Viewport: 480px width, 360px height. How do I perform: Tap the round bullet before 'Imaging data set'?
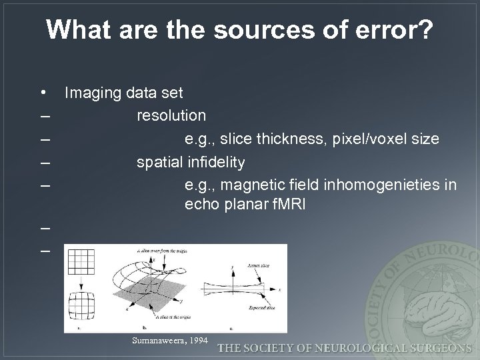pos(43,92)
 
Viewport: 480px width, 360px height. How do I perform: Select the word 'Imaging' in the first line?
pos(91,93)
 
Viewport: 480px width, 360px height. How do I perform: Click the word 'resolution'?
pos(171,116)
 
